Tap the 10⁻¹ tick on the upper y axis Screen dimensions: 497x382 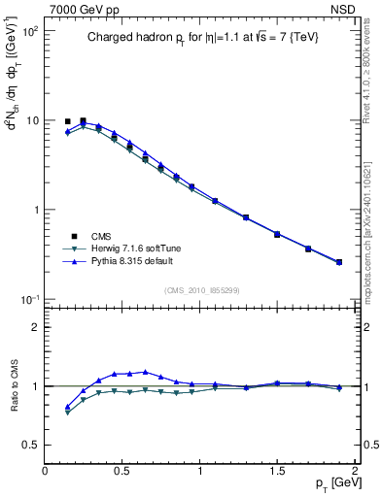29,299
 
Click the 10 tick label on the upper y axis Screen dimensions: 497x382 31,120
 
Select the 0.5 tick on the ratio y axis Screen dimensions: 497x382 31,445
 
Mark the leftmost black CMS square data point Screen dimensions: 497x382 68,122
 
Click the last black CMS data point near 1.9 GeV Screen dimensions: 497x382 338,262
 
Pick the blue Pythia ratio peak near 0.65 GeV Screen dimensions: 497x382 146,372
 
